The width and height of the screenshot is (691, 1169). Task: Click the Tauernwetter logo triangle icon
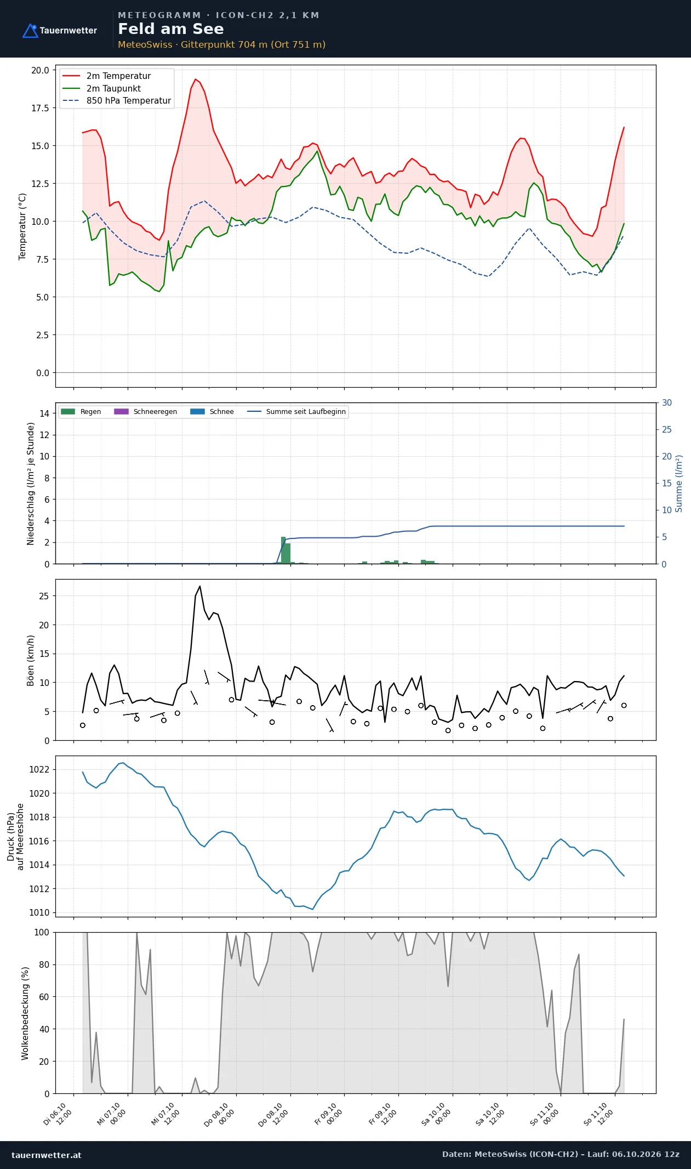pos(30,31)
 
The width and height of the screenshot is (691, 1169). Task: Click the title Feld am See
pos(171,29)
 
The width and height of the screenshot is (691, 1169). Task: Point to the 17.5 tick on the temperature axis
pos(40,108)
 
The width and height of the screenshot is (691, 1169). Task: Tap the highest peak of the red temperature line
pos(195,79)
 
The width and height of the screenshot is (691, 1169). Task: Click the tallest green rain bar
pos(283,550)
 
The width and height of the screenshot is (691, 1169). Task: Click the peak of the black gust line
pos(200,586)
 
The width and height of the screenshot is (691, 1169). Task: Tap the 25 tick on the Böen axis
pos(44,596)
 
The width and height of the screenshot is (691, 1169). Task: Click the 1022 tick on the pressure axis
pos(39,769)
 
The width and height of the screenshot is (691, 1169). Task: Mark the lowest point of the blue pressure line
pos(312,909)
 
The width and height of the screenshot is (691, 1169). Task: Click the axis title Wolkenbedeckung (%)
pos(25,1013)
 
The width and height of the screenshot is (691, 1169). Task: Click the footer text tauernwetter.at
pos(46,1155)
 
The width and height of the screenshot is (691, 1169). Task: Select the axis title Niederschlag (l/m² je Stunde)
pos(31,484)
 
